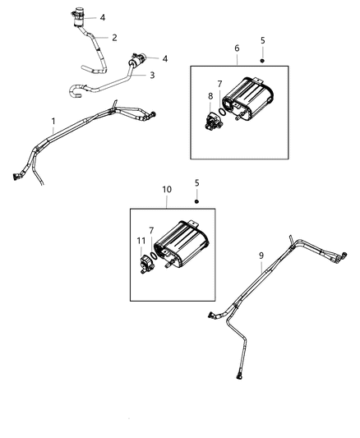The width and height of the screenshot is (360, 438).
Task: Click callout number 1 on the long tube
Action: click(53, 125)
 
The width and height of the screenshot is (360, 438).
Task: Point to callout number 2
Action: click(114, 37)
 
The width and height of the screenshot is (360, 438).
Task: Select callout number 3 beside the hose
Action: click(152, 75)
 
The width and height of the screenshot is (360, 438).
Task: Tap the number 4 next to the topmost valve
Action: click(103, 16)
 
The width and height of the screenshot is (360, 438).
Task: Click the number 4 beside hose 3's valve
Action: click(165, 58)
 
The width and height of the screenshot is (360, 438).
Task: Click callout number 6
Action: click(237, 48)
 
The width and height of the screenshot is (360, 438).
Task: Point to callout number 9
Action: click(261, 256)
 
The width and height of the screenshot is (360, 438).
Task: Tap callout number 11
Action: click(141, 240)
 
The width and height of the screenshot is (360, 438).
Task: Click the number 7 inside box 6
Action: click(219, 85)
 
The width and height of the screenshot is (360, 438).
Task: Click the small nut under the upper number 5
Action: click(261, 60)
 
